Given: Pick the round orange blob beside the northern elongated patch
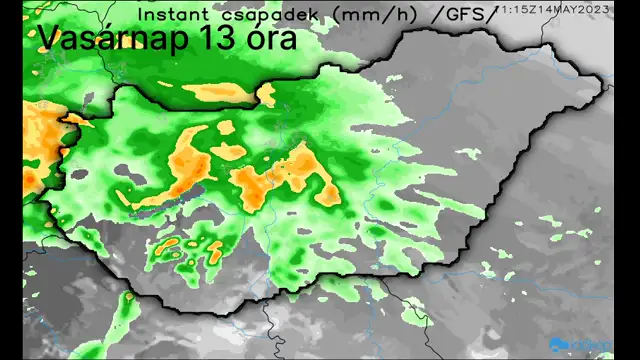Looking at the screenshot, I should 266,95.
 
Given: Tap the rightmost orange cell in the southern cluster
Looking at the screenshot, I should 216,251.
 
